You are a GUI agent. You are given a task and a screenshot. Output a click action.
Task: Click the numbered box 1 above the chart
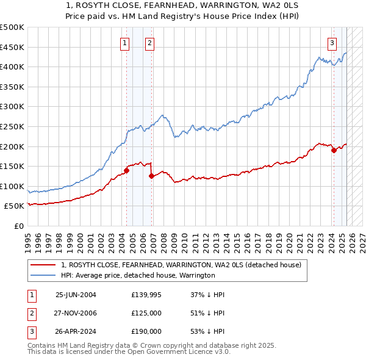coord(124,43)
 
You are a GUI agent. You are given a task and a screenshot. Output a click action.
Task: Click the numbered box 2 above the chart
coord(149,43)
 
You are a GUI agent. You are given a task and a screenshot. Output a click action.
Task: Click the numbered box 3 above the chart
coord(332,43)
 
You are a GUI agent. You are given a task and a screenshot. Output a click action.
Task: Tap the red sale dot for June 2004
coord(126,170)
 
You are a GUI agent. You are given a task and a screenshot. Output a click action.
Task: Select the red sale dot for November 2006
coord(152,176)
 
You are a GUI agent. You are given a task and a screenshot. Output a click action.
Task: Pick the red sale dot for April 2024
coord(334,150)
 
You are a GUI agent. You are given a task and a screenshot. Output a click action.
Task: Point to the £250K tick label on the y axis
coord(12,126)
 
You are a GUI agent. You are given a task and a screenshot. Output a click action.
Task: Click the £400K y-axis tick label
coord(12,67)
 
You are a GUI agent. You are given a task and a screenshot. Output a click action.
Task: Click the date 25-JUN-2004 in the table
coord(76,295)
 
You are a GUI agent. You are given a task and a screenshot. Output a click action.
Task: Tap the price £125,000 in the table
coord(146,313)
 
